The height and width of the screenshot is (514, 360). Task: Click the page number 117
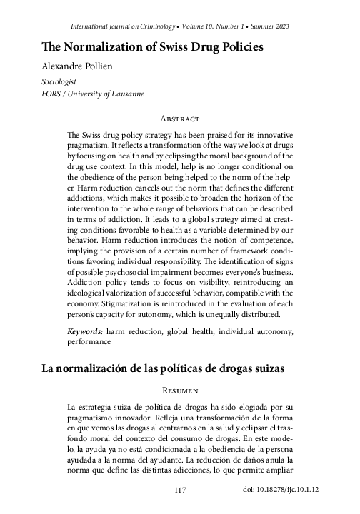[180, 490]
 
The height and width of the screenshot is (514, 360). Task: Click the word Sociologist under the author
[61, 82]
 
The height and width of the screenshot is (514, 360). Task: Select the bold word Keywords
[84, 331]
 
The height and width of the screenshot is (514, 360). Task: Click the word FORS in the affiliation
[54, 94]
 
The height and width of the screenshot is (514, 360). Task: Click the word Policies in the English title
[241, 47]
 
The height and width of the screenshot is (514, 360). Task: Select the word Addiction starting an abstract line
[86, 281]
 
